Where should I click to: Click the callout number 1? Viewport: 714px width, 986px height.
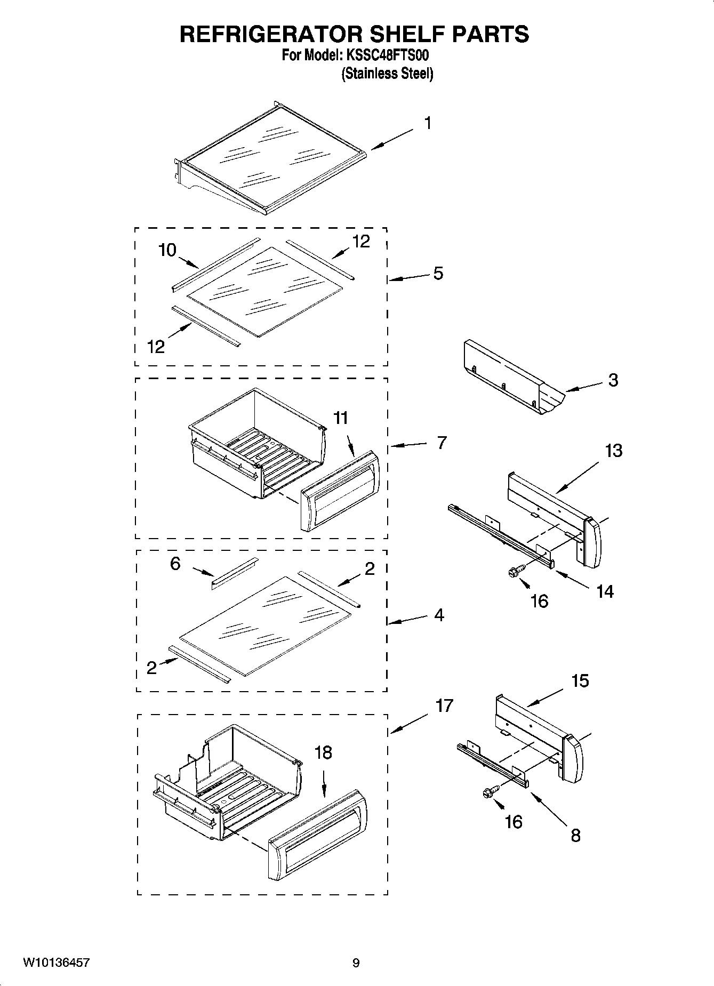(428, 123)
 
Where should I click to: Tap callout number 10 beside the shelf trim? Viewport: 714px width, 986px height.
(167, 250)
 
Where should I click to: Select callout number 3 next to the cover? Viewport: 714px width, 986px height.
(613, 380)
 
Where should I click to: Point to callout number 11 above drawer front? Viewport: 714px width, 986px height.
(340, 418)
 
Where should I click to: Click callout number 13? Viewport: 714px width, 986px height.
(613, 451)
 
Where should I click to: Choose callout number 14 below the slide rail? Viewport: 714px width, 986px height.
(605, 591)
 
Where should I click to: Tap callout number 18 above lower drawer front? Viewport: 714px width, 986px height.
(323, 752)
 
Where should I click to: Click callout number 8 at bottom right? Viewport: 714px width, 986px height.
(575, 835)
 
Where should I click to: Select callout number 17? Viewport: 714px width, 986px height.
(444, 706)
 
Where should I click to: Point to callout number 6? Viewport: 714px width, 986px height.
(175, 563)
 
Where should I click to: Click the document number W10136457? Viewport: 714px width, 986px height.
(56, 963)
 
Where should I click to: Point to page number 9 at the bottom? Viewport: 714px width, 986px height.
(356, 963)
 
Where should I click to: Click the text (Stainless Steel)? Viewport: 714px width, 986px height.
(387, 74)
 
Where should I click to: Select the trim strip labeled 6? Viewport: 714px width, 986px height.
(235, 573)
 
